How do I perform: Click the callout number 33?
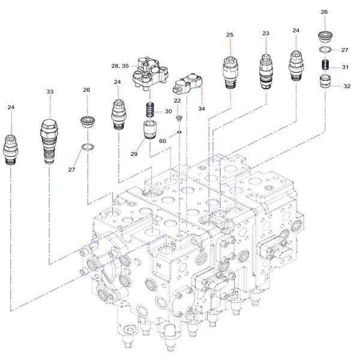pyautogui.click(x=50, y=92)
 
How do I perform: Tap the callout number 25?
pyautogui.click(x=230, y=35)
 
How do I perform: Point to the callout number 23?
pyautogui.click(x=266, y=34)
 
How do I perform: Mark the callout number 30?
pyautogui.click(x=169, y=112)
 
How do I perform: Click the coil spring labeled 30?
pyautogui.click(x=151, y=111)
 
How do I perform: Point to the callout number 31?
pyautogui.click(x=345, y=67)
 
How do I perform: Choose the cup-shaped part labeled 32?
pyautogui.click(x=325, y=82)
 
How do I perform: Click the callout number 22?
pyautogui.click(x=178, y=101)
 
